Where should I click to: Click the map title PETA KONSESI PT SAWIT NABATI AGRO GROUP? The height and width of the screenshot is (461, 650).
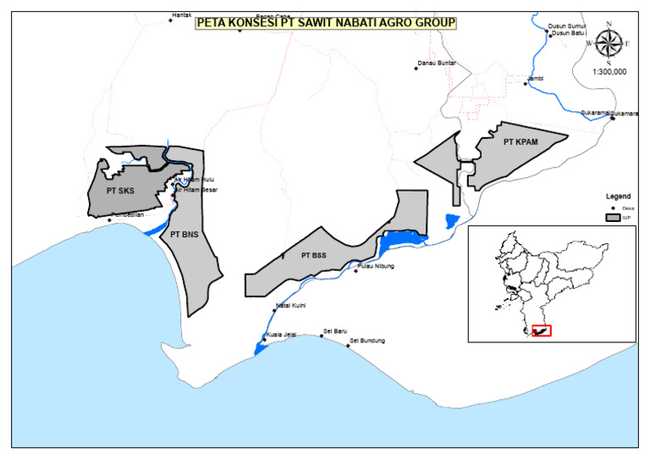click(326, 23)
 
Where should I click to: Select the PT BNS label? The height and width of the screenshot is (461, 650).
click(185, 233)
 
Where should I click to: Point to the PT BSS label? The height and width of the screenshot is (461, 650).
click(313, 254)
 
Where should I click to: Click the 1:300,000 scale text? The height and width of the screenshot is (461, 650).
click(609, 73)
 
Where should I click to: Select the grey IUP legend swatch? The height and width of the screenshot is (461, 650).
click(613, 218)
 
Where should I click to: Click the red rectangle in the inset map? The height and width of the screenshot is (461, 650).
click(541, 330)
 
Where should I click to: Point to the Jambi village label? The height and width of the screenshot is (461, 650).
click(535, 78)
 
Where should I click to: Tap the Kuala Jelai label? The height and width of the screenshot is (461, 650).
click(282, 335)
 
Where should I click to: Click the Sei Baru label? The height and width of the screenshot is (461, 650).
click(336, 331)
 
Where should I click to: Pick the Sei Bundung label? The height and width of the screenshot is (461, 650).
click(367, 341)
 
